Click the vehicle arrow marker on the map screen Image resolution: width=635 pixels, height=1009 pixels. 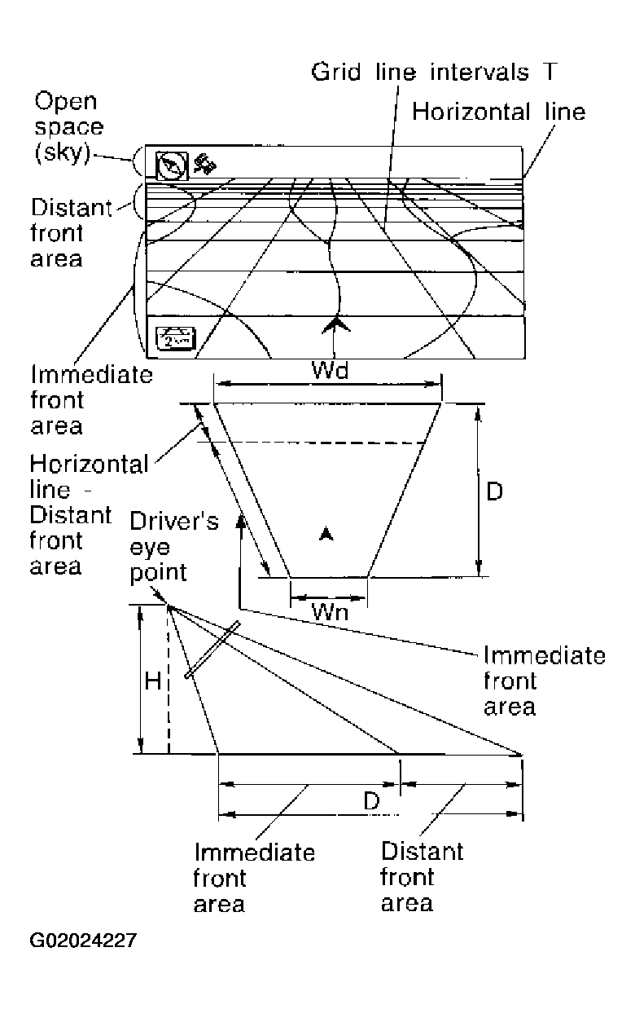(x=334, y=326)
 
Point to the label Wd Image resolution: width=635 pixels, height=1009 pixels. (x=331, y=371)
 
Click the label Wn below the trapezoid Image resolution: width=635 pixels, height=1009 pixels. (x=331, y=611)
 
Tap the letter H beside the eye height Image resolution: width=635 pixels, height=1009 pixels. (x=153, y=681)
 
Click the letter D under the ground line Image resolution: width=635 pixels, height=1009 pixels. (x=371, y=801)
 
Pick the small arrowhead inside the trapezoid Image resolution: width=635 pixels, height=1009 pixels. (x=326, y=534)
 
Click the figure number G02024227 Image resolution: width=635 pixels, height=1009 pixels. (x=83, y=941)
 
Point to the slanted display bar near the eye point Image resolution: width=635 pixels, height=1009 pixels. (x=212, y=650)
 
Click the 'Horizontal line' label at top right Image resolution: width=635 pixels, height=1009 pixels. (x=498, y=112)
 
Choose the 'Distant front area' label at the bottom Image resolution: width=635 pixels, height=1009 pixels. (x=422, y=877)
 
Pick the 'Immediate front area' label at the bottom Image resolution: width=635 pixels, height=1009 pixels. (x=253, y=879)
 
